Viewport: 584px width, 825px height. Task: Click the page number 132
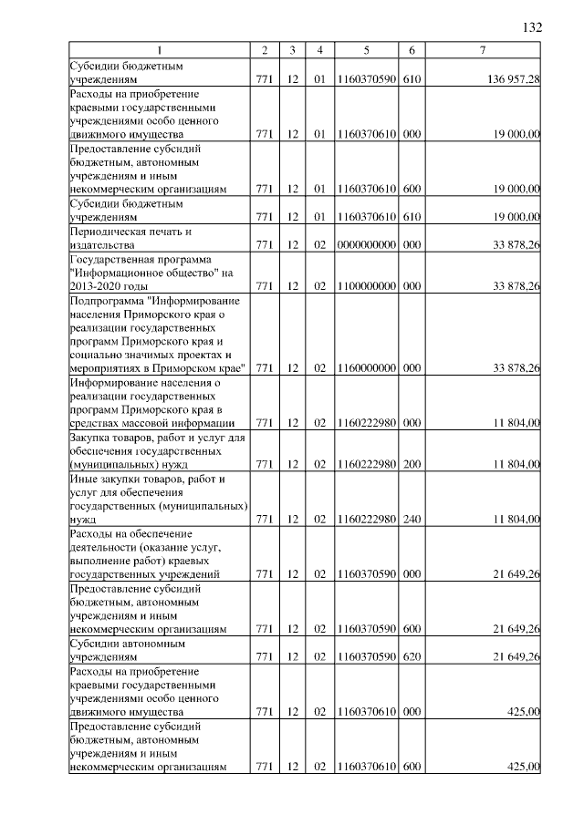[x=532, y=27]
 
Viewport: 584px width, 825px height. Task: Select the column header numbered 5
[x=365, y=49]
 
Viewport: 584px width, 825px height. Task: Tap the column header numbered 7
[x=482, y=49]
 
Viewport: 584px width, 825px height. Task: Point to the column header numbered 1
[x=159, y=49]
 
